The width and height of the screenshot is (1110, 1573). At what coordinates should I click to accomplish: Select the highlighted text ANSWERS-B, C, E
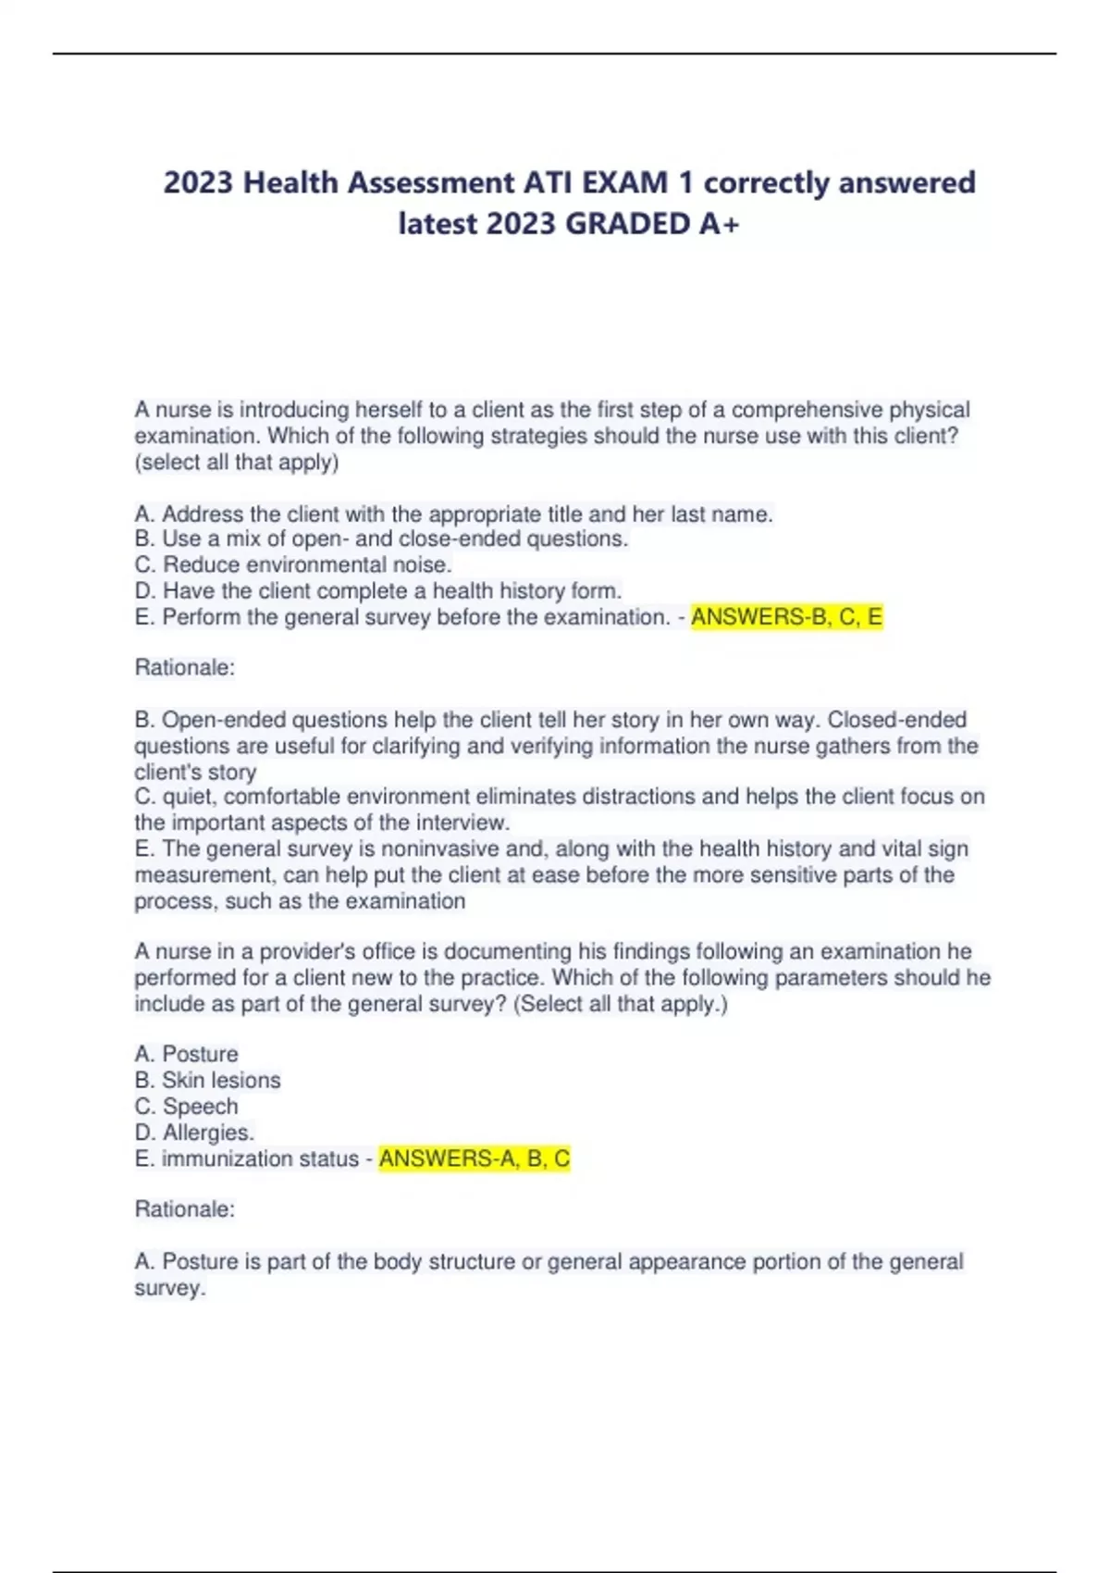(x=786, y=617)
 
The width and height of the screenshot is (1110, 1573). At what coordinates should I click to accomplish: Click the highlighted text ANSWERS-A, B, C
(x=475, y=1158)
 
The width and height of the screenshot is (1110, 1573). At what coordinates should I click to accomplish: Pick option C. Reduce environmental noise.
(x=293, y=564)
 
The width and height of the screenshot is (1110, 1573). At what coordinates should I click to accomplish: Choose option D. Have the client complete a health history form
(x=378, y=590)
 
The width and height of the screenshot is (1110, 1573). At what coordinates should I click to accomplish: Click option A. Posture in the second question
(x=187, y=1054)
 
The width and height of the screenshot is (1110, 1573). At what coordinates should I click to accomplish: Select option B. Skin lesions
(x=207, y=1080)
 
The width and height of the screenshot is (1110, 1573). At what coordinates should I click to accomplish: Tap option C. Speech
(x=187, y=1106)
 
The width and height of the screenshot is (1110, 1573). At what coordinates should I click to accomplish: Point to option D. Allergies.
(x=194, y=1133)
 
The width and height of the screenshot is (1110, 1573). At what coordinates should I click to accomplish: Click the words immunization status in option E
(x=260, y=1158)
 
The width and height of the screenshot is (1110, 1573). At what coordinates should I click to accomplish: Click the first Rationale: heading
(x=185, y=667)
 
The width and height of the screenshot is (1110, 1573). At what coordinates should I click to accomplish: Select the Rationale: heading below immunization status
(x=185, y=1208)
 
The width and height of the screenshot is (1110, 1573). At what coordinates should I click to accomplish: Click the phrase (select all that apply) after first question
(x=237, y=462)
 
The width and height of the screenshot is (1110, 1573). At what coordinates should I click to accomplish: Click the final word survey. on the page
(x=169, y=1288)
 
